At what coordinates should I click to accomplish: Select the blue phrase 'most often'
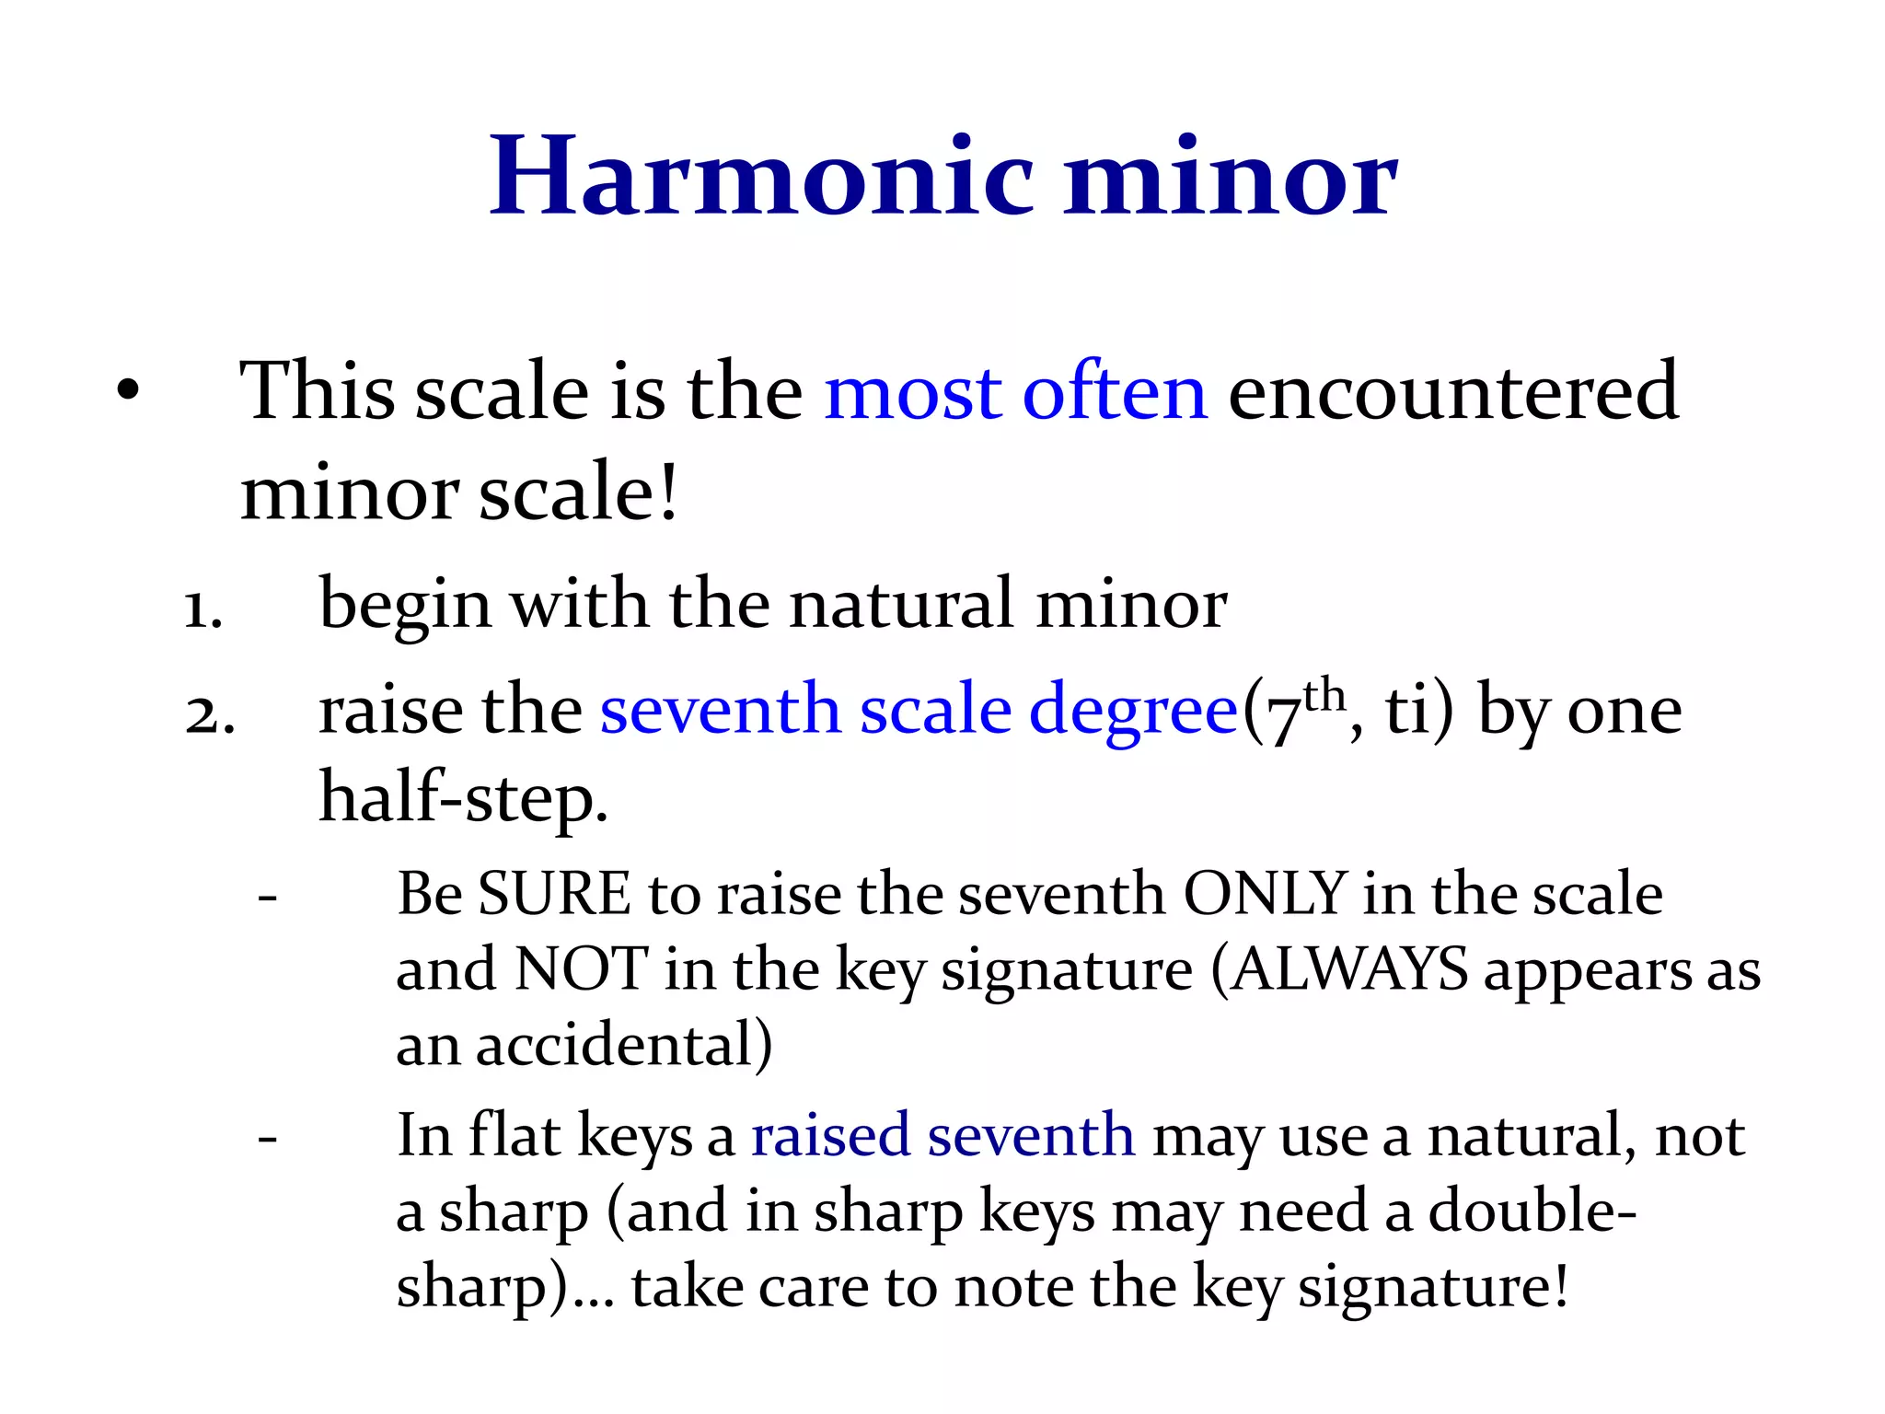(1015, 392)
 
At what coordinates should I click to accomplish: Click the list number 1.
(202, 609)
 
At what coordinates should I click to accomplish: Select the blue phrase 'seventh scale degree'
(919, 712)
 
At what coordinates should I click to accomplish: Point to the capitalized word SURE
(554, 894)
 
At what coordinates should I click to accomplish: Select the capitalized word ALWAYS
(1349, 969)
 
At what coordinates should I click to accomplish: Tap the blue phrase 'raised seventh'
(942, 1135)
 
